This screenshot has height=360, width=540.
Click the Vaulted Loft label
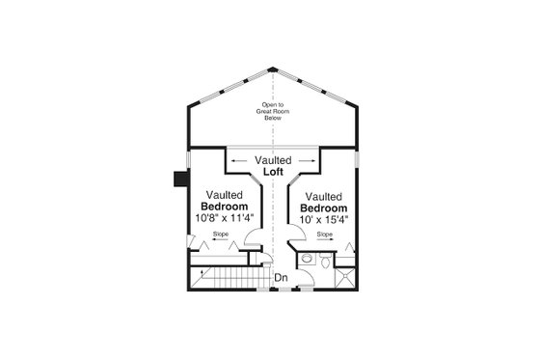coord(274,166)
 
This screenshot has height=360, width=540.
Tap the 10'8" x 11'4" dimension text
coord(225,218)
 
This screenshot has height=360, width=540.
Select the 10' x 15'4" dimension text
coord(324,219)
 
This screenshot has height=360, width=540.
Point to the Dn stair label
coord(281,278)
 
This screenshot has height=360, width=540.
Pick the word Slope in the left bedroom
coord(221,234)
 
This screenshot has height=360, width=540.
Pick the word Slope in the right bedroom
coord(325,234)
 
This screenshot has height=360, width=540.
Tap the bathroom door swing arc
coord(308,280)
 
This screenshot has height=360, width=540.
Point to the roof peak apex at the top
coord(274,69)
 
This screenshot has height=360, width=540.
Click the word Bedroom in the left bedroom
coord(225,207)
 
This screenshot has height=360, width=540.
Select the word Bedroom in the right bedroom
coord(324,208)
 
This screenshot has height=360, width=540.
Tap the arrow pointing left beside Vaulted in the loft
coord(236,160)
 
